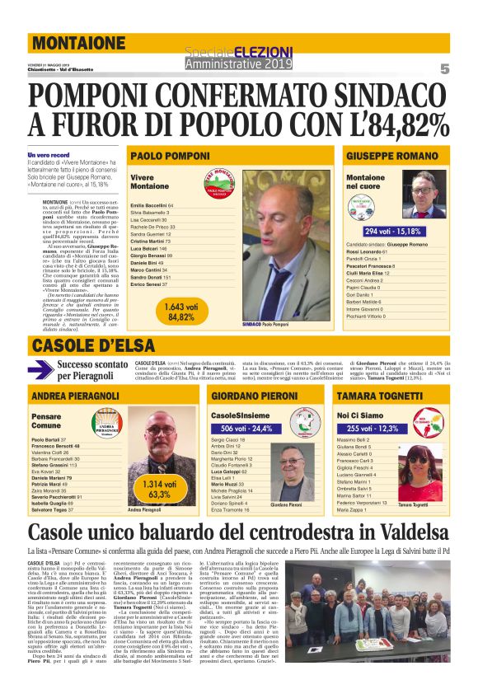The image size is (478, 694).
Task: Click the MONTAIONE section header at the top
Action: tap(79, 43)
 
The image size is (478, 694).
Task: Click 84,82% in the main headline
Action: tap(396, 123)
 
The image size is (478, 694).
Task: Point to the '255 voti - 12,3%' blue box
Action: tap(373, 429)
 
